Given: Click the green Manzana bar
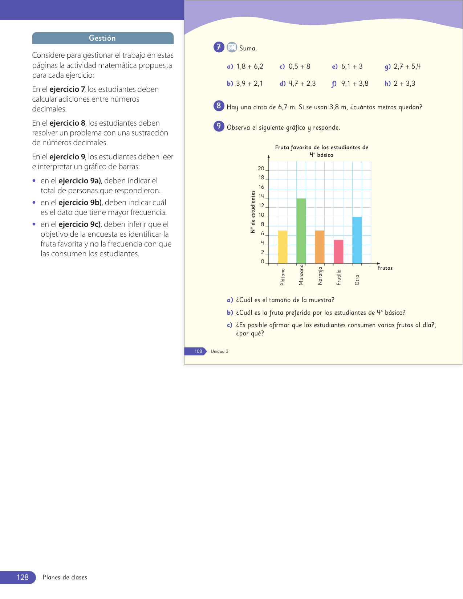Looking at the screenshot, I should [x=301, y=231].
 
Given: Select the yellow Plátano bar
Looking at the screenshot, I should [x=283, y=247].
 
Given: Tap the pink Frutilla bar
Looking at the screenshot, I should [x=338, y=252].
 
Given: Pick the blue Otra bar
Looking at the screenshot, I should [x=357, y=240].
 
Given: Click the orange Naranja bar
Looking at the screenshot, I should [x=320, y=247].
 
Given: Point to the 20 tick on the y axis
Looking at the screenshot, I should [x=261, y=168].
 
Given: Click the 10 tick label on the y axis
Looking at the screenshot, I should [x=261, y=215].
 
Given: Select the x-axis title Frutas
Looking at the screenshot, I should [x=385, y=268].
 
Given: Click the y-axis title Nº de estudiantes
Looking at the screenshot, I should [x=253, y=212].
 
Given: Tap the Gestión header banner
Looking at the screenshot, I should [x=103, y=38].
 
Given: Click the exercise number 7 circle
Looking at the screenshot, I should [x=219, y=47].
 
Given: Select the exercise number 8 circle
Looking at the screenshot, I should [x=219, y=106].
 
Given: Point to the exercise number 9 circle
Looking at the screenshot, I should [x=219, y=126].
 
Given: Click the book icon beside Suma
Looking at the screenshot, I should [x=232, y=47].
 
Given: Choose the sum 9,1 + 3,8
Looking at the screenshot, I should [x=354, y=83].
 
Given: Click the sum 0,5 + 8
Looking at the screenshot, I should [x=299, y=66].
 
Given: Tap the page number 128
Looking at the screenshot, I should [x=23, y=577].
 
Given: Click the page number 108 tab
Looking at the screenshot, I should [x=198, y=351].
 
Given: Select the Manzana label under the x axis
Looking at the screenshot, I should [x=301, y=275].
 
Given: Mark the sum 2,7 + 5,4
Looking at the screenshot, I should [x=407, y=66].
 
